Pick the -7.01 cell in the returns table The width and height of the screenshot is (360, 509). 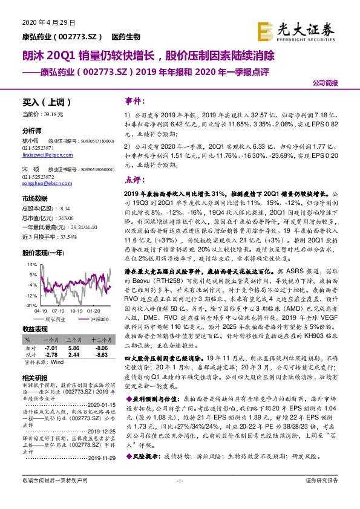tap(49, 349)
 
